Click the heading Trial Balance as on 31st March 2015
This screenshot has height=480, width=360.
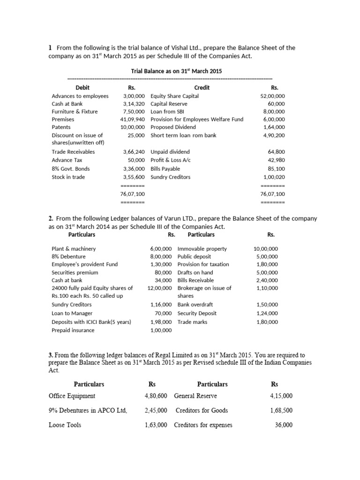176,71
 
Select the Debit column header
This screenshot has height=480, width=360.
82,88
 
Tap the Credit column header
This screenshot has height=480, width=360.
202,88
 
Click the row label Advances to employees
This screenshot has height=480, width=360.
80,96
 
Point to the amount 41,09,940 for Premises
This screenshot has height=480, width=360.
133,120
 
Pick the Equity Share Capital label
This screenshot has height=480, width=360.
174,96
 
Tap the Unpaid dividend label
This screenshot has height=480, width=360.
171,152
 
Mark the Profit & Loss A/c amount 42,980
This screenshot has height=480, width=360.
277,160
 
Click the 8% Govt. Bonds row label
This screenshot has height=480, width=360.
71,169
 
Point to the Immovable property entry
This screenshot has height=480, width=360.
202,249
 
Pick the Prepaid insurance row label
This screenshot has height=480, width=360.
73,330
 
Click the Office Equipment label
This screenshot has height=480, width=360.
72,396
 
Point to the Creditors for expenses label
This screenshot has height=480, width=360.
203,425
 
